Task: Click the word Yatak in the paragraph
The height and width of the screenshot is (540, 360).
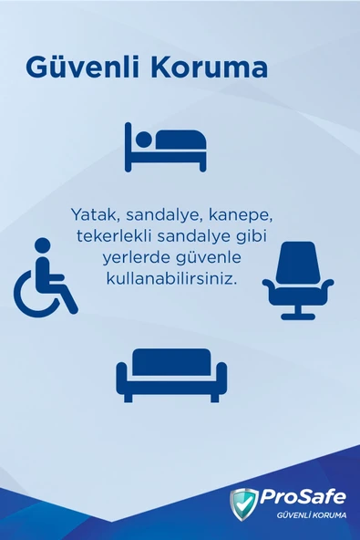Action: tap(92, 214)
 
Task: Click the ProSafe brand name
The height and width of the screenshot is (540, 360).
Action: tap(303, 497)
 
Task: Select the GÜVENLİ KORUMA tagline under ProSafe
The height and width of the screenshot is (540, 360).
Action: tap(303, 517)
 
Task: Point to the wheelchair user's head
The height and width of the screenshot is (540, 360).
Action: tap(42, 244)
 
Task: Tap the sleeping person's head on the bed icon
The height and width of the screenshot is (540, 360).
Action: tap(142, 140)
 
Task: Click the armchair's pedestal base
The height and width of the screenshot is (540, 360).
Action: tap(297, 313)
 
